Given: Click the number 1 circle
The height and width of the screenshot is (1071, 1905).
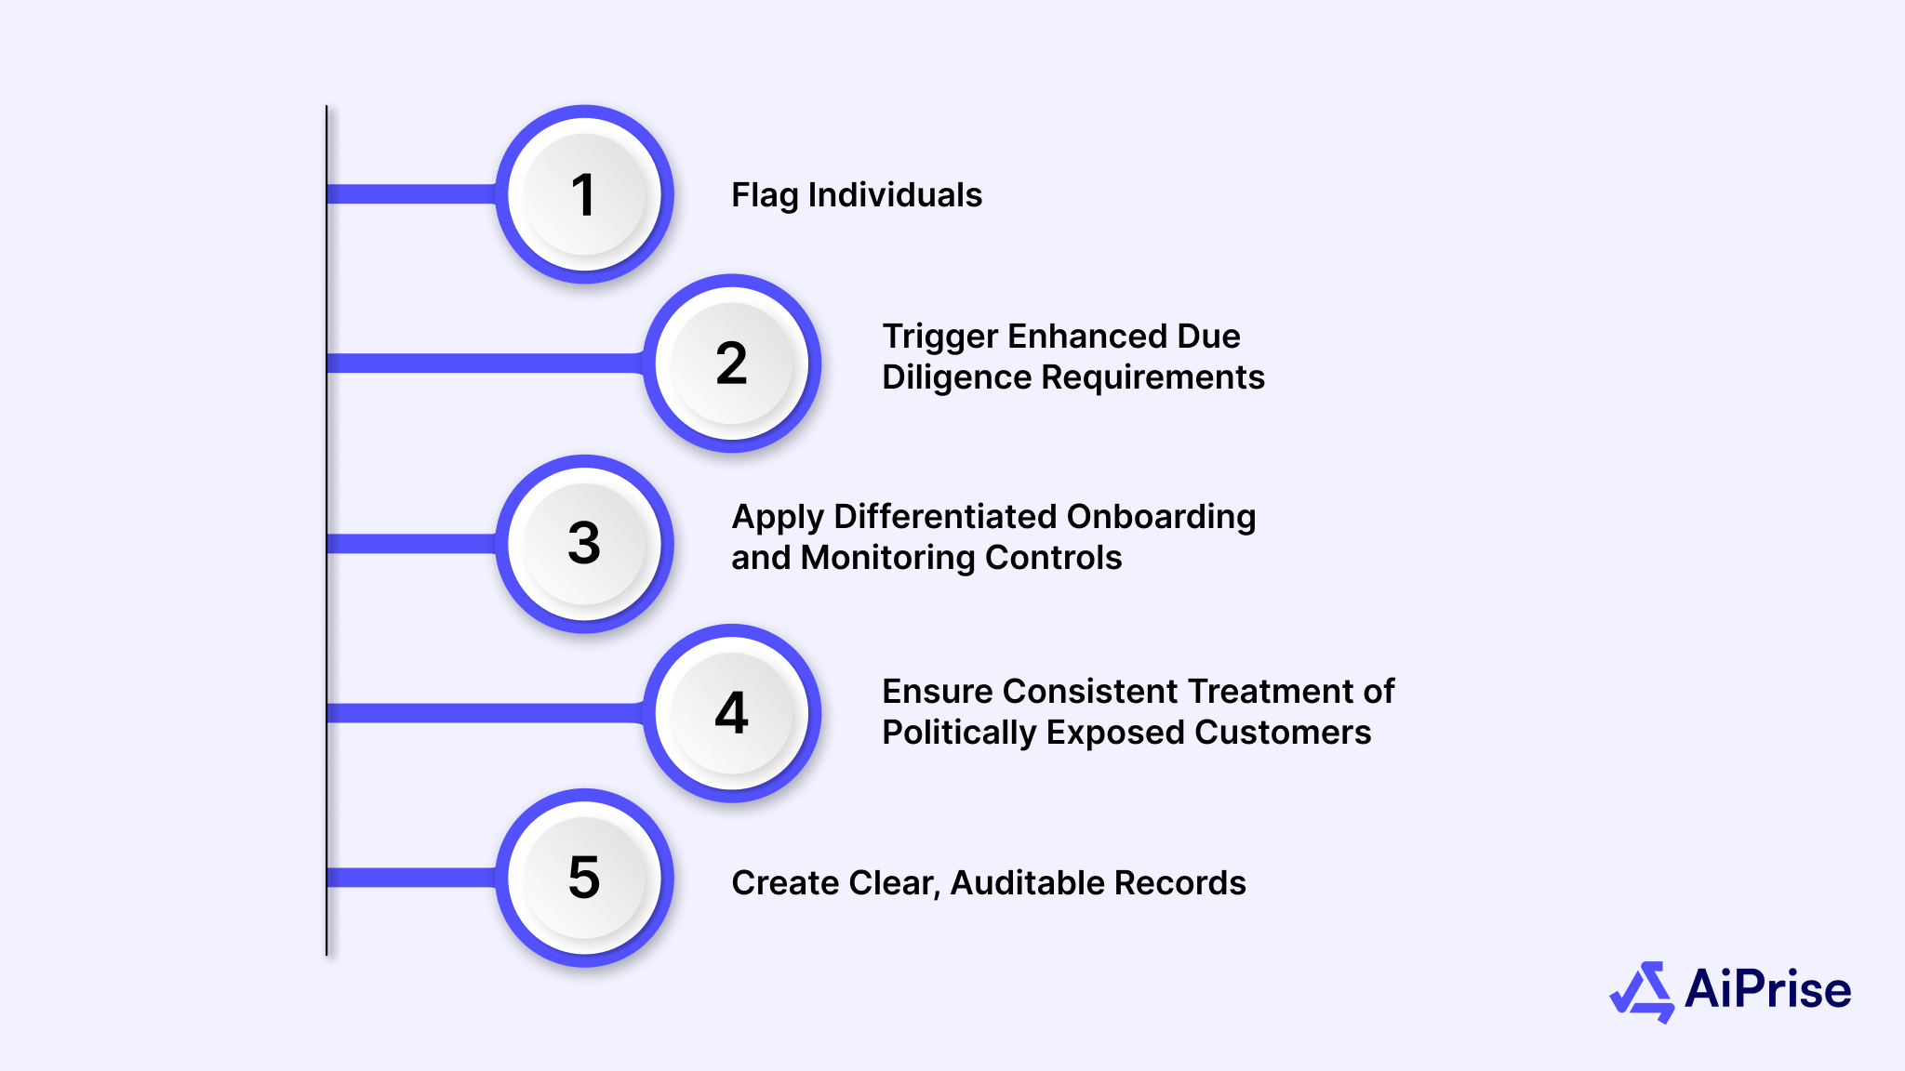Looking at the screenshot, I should [584, 194].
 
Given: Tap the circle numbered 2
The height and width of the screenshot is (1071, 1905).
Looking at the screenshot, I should [732, 364].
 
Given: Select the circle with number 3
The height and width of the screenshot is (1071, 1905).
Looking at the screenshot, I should [584, 544].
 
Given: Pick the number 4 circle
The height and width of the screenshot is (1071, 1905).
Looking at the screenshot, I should [732, 713].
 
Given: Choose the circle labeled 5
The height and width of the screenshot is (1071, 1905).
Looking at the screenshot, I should [584, 878].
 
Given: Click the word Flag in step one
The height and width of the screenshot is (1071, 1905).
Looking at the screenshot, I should [765, 195].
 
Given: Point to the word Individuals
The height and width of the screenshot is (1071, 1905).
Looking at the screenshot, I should [895, 195].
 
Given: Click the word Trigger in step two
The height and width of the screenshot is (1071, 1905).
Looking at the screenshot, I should [939, 337].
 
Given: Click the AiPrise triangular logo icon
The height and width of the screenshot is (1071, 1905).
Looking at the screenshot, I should [1642, 992].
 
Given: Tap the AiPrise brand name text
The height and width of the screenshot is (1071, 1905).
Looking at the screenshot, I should [1767, 989].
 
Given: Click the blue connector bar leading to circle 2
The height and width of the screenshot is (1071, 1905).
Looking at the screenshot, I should [484, 364].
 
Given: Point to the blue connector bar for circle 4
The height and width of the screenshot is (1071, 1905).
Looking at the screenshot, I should [484, 713].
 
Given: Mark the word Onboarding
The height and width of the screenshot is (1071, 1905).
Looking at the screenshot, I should [1161, 517].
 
